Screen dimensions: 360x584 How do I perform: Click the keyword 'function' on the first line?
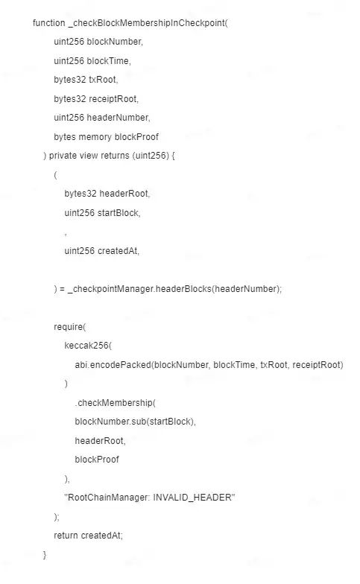(x=49, y=23)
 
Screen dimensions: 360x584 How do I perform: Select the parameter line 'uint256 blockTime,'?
(x=92, y=61)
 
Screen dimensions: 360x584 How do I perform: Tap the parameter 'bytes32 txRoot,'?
(x=86, y=80)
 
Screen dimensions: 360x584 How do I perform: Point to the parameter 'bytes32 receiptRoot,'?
(x=96, y=98)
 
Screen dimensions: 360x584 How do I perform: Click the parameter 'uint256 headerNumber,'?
(x=101, y=118)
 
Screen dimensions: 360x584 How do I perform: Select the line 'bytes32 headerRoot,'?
(x=107, y=194)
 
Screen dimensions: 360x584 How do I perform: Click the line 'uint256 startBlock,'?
(x=103, y=213)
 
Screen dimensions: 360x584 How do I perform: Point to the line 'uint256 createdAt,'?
(x=101, y=250)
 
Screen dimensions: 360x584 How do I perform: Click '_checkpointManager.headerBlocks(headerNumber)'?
(x=174, y=289)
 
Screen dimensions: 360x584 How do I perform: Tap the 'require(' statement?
(x=70, y=326)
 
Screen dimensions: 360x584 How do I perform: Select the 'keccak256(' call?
(x=88, y=346)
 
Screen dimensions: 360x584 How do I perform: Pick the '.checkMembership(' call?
(x=115, y=403)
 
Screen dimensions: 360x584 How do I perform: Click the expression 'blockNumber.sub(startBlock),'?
(x=136, y=422)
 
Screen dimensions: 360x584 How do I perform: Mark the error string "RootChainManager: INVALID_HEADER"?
(x=150, y=498)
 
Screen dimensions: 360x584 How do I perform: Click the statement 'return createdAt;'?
(x=88, y=536)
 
